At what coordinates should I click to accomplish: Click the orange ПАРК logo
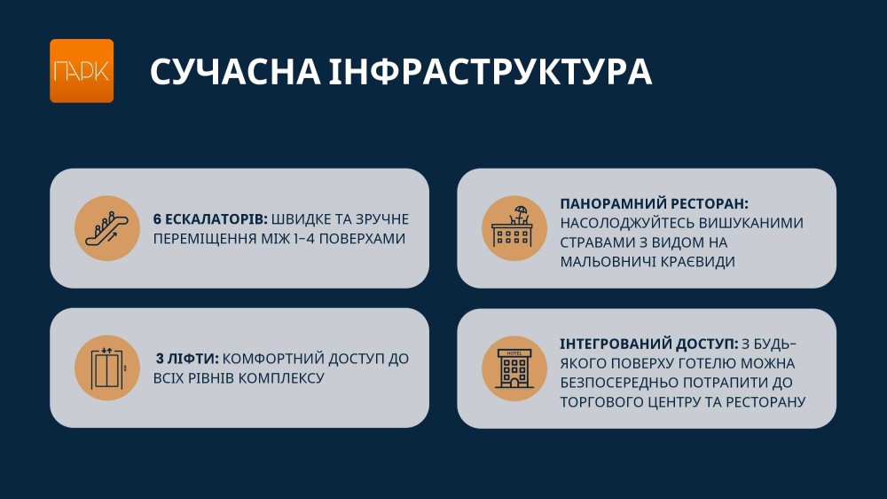(82, 71)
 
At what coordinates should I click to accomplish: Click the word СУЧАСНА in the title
(235, 72)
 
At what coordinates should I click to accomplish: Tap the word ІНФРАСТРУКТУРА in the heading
(491, 72)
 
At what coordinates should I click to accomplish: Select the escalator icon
(107, 228)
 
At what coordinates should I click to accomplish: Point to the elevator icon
(107, 368)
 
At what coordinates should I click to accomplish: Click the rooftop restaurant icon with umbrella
(514, 228)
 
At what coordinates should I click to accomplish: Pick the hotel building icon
(514, 368)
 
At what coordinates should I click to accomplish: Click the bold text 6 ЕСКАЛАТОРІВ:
(210, 219)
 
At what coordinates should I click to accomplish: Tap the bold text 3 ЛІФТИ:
(187, 359)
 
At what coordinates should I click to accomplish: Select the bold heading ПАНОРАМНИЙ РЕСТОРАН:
(654, 204)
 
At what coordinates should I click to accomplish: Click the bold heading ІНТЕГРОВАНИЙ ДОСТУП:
(649, 344)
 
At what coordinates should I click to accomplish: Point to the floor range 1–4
(304, 239)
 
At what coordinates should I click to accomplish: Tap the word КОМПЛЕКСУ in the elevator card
(280, 377)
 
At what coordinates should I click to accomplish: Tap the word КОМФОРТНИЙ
(273, 359)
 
